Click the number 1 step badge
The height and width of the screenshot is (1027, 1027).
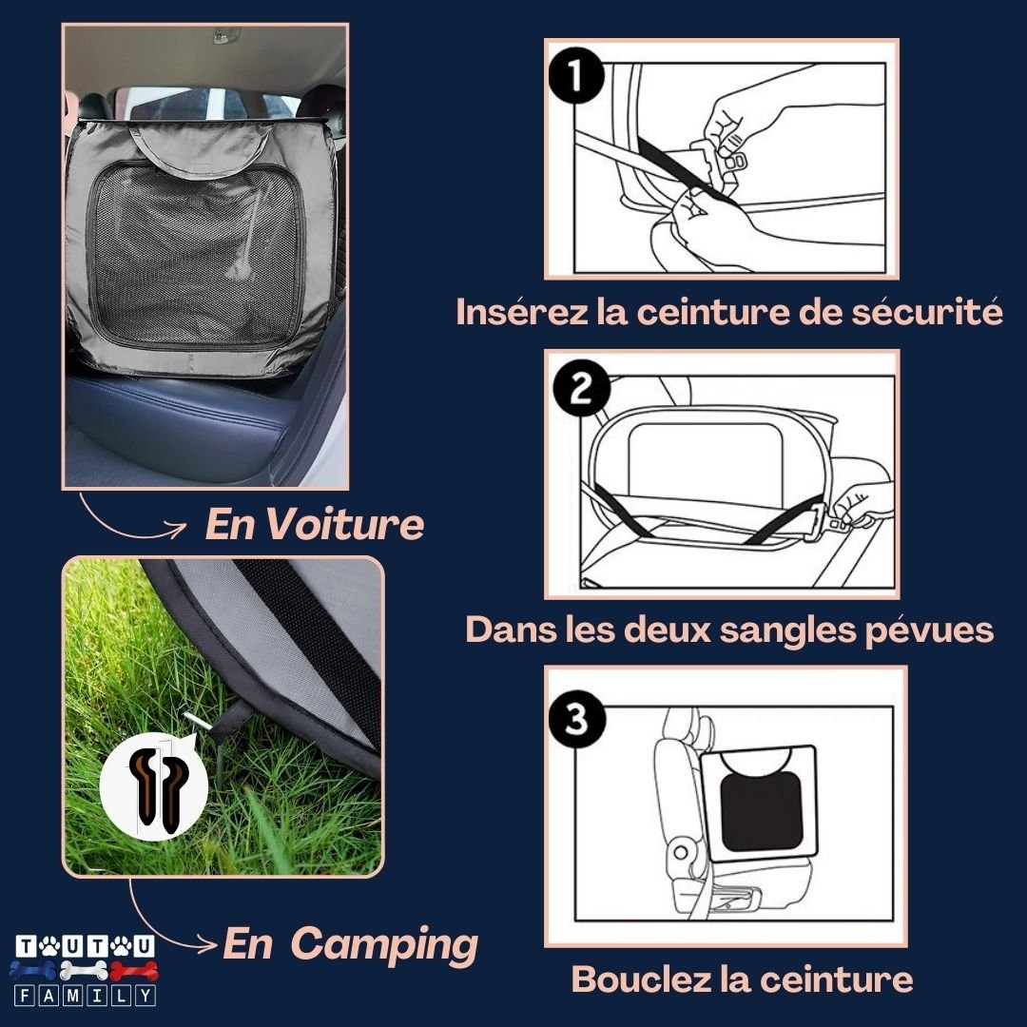pyautogui.click(x=575, y=77)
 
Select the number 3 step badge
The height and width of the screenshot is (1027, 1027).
pyautogui.click(x=577, y=720)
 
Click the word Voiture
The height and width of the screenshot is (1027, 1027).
pyautogui.click(x=344, y=524)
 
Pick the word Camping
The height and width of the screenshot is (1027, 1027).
pyautogui.click(x=384, y=946)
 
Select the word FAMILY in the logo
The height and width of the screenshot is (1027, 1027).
pyautogui.click(x=85, y=997)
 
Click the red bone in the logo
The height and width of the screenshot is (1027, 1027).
pyautogui.click(x=134, y=971)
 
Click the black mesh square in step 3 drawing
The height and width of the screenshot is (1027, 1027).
pyautogui.click(x=762, y=811)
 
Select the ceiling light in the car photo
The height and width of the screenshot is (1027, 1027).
pyautogui.click(x=225, y=35)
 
